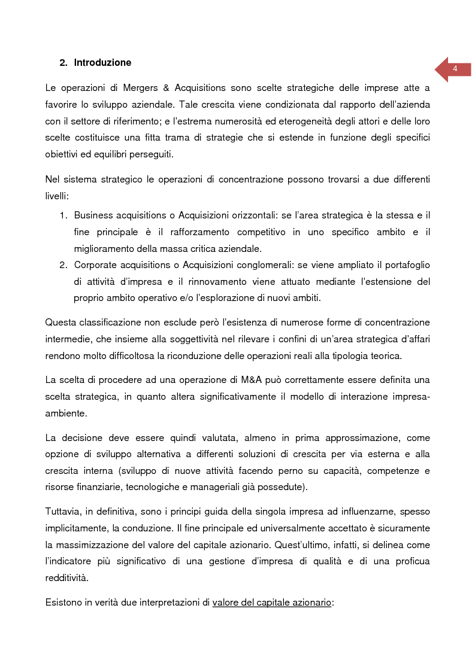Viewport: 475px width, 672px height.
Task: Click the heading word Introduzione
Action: point(102,63)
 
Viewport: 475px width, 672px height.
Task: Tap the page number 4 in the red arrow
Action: point(455,69)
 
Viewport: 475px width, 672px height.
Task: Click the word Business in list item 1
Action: point(93,215)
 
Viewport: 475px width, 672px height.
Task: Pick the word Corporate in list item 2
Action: point(96,264)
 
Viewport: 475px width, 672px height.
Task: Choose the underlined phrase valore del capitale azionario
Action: point(272,603)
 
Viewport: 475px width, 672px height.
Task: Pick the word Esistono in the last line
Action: point(63,603)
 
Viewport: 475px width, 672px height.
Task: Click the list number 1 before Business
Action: point(62,215)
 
